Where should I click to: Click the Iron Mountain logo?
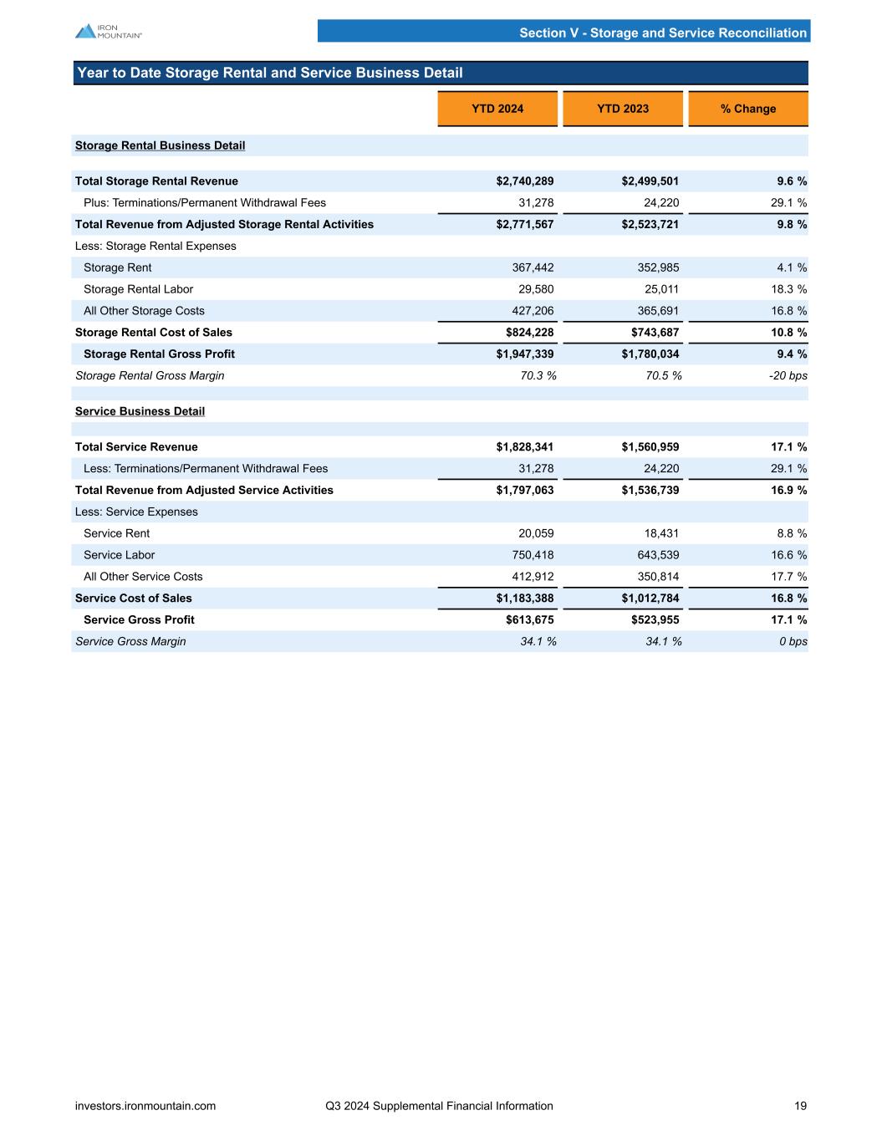click(x=108, y=31)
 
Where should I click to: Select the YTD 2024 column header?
click(x=497, y=109)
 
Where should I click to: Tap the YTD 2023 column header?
click(x=623, y=109)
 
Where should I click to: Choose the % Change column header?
click(x=748, y=109)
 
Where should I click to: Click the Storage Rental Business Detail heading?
click(x=160, y=145)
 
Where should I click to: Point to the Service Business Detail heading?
click(x=140, y=411)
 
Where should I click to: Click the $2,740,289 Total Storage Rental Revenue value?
click(x=525, y=181)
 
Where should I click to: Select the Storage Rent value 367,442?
click(x=533, y=267)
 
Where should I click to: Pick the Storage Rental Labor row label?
click(x=138, y=289)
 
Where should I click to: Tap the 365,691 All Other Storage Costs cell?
click(x=658, y=311)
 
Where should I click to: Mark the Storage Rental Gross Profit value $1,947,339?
click(x=525, y=354)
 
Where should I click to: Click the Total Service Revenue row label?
click(x=136, y=447)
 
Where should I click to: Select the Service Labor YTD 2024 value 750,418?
click(x=533, y=555)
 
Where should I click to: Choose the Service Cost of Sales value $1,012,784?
click(x=650, y=599)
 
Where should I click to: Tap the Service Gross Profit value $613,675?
click(x=529, y=620)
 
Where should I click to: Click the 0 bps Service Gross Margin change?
click(x=792, y=642)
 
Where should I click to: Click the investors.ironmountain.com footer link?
click(x=145, y=1106)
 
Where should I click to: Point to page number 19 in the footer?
click(x=800, y=1106)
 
